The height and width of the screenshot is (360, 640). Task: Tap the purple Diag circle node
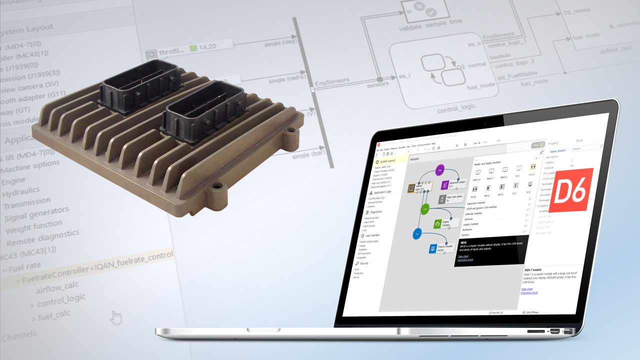point(439,170)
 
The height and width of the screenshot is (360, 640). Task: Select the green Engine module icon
point(438,224)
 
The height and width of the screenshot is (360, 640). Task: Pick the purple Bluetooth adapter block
point(445,185)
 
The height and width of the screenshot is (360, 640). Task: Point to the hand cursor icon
point(116,317)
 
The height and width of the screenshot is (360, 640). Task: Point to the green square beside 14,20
point(193,49)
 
